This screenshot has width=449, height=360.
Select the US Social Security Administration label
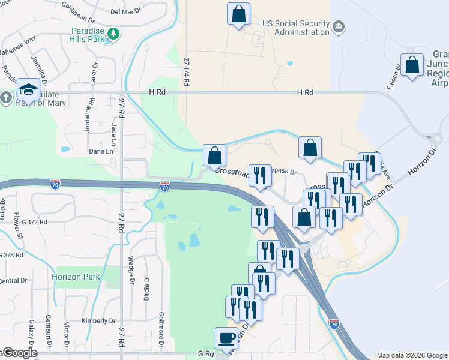tap(297, 27)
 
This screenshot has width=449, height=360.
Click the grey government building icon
tap(339, 26)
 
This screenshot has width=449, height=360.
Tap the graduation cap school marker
tap(28, 89)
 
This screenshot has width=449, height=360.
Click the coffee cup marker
tap(226, 338)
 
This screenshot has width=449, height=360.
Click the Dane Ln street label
tap(101, 152)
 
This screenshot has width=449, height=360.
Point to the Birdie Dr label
tap(146, 287)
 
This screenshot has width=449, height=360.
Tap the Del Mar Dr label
tap(125, 11)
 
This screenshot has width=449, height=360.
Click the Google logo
tap(19, 353)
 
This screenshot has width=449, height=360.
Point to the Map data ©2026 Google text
tap(411, 355)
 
